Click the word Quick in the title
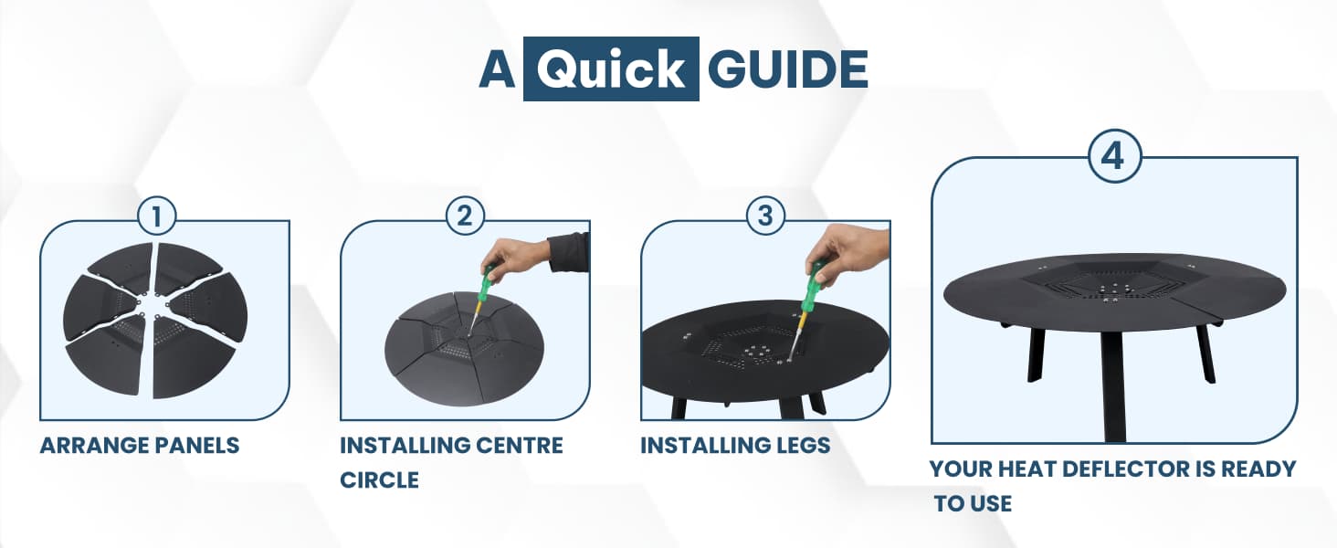coord(611,69)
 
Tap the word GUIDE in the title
coord(788,69)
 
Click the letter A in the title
coord(497,69)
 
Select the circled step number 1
coord(157,216)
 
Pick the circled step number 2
coord(465,216)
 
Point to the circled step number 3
coord(765,216)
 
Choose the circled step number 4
coord(1114,156)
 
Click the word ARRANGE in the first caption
coord(93,446)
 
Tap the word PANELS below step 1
coord(197,446)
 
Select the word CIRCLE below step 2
coord(380,479)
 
